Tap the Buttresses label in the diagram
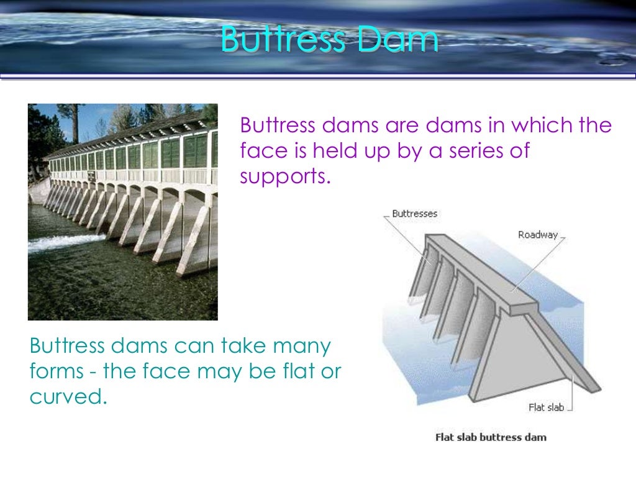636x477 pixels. pyautogui.click(x=414, y=214)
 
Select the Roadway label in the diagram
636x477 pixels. pyautogui.click(x=537, y=235)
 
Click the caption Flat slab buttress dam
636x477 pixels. pyautogui.click(x=491, y=437)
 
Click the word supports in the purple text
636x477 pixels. pyautogui.click(x=283, y=177)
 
